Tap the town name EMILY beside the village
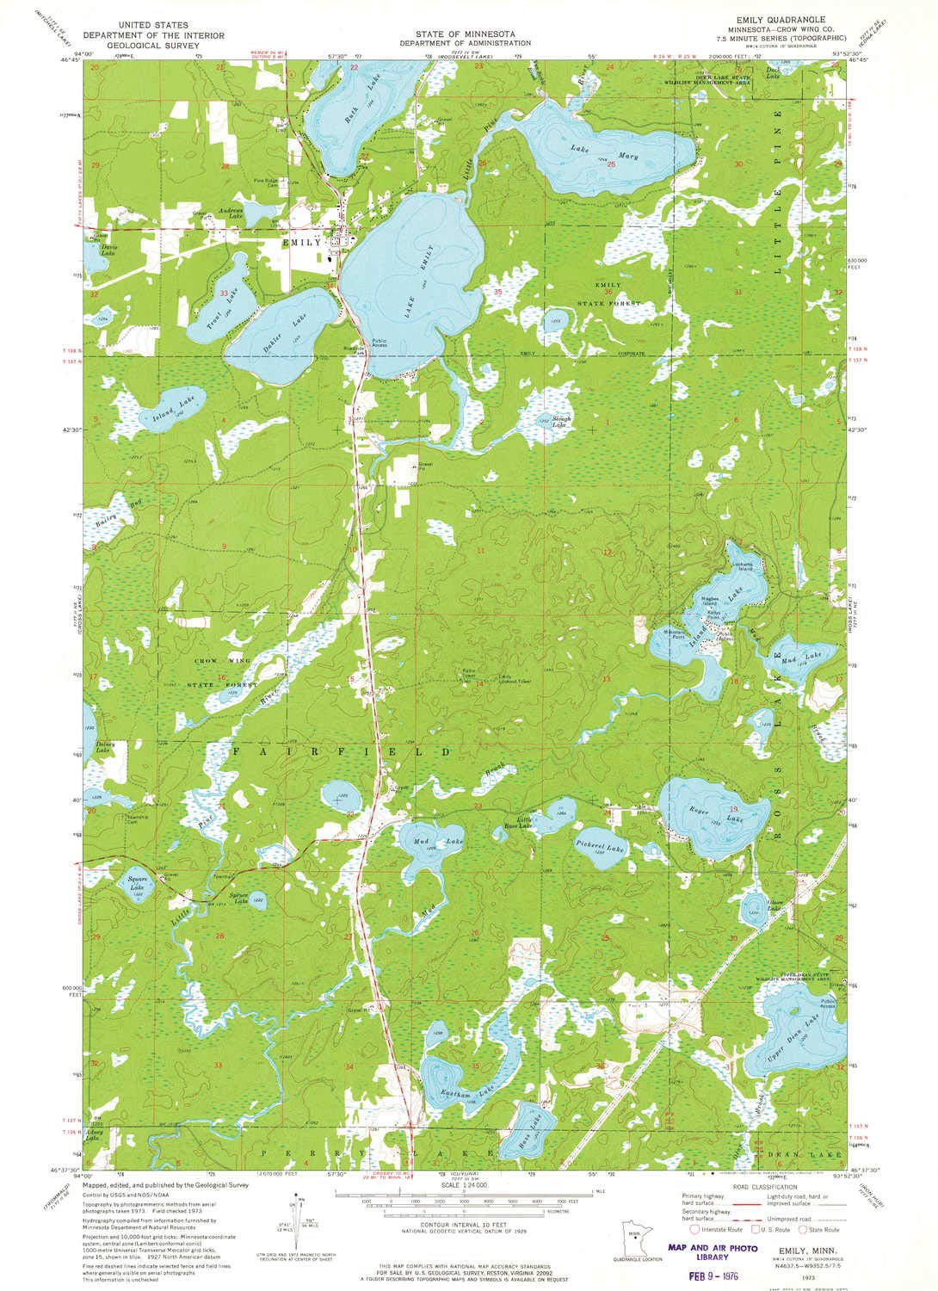point(301,243)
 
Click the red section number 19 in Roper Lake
point(734,809)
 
